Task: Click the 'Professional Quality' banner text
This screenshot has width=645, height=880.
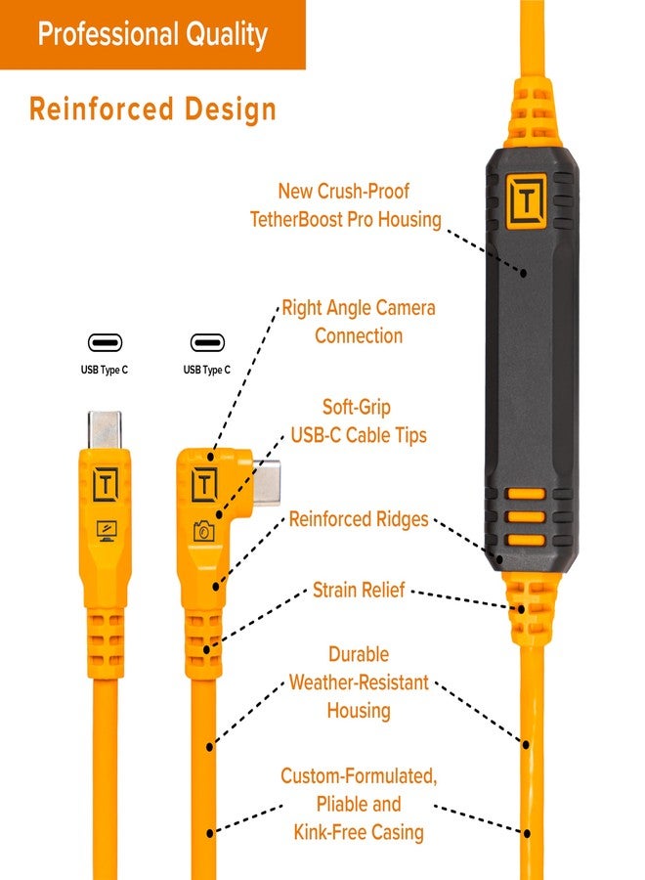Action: pyautogui.click(x=152, y=34)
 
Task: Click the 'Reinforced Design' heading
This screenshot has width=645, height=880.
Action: pyautogui.click(x=152, y=109)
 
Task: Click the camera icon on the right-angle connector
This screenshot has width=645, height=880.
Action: pyautogui.click(x=204, y=531)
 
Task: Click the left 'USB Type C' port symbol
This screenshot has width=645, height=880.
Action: pyautogui.click(x=105, y=343)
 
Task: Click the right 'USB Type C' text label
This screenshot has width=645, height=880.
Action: pyautogui.click(x=207, y=371)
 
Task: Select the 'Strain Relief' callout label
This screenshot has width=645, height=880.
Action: pyautogui.click(x=359, y=590)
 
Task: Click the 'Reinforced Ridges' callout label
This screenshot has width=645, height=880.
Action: pyautogui.click(x=359, y=519)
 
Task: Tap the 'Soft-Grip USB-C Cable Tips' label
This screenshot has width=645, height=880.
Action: pyautogui.click(x=359, y=420)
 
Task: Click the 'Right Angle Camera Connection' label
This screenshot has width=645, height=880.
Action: pyautogui.click(x=359, y=322)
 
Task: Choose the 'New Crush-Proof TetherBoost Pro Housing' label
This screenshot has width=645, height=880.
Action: pyautogui.click(x=359, y=205)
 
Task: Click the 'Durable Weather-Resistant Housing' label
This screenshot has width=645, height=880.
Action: pyautogui.click(x=359, y=682)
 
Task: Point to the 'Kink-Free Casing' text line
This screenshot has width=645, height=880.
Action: pyautogui.click(x=359, y=832)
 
